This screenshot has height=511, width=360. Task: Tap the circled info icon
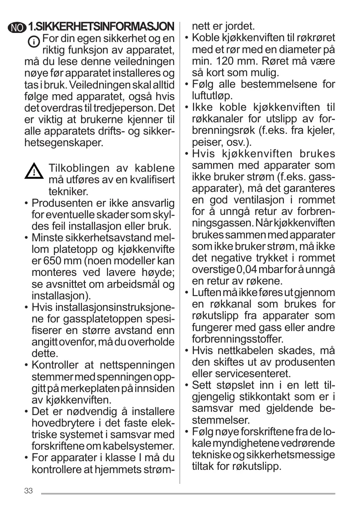(34, 42)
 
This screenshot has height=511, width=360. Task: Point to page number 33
(28, 491)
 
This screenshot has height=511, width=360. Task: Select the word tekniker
(68, 191)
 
